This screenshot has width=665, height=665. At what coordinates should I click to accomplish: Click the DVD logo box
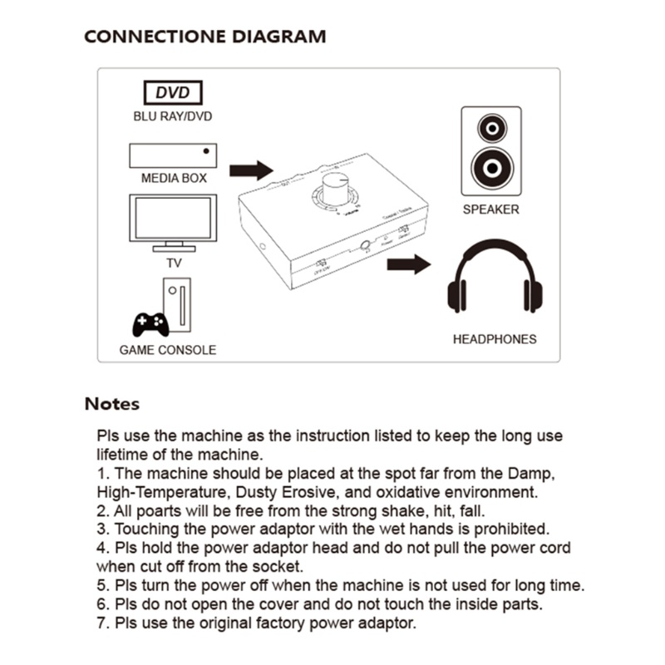173,92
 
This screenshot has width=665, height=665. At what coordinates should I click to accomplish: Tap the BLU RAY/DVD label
173,116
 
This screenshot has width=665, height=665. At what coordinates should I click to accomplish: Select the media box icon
173,155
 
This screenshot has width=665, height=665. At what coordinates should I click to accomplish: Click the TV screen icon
173,218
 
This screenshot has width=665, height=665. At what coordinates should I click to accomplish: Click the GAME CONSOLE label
167,350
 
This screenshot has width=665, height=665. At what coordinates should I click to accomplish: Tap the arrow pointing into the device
251,170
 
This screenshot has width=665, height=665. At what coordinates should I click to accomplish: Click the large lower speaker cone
491,169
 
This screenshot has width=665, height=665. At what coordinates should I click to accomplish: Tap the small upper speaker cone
491,127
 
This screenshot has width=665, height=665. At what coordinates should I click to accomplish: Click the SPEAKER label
490,209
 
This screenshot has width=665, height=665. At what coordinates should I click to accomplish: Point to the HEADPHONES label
494,339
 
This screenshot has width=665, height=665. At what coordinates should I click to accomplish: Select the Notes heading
111,405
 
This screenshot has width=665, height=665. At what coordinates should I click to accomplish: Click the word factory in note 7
276,623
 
